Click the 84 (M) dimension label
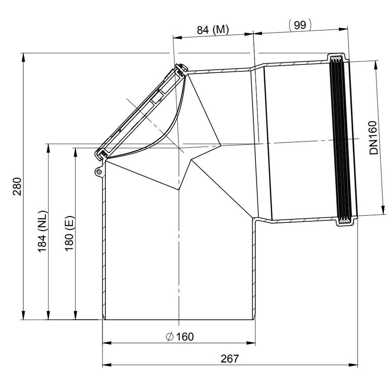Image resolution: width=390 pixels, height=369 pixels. coord(213,30)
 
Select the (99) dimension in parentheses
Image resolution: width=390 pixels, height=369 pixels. coord(300,25)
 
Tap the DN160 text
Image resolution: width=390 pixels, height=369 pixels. coord(373,138)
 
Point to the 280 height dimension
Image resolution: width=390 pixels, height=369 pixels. coord(17,186)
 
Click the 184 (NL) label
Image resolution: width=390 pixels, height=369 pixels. coord(42,231)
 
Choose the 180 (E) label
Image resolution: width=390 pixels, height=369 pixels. coord(70,234)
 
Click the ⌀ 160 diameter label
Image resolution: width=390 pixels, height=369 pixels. coord(179,337)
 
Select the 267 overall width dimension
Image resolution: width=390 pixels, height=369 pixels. coord(230,359)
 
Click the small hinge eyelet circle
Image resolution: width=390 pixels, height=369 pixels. coord(99,172)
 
